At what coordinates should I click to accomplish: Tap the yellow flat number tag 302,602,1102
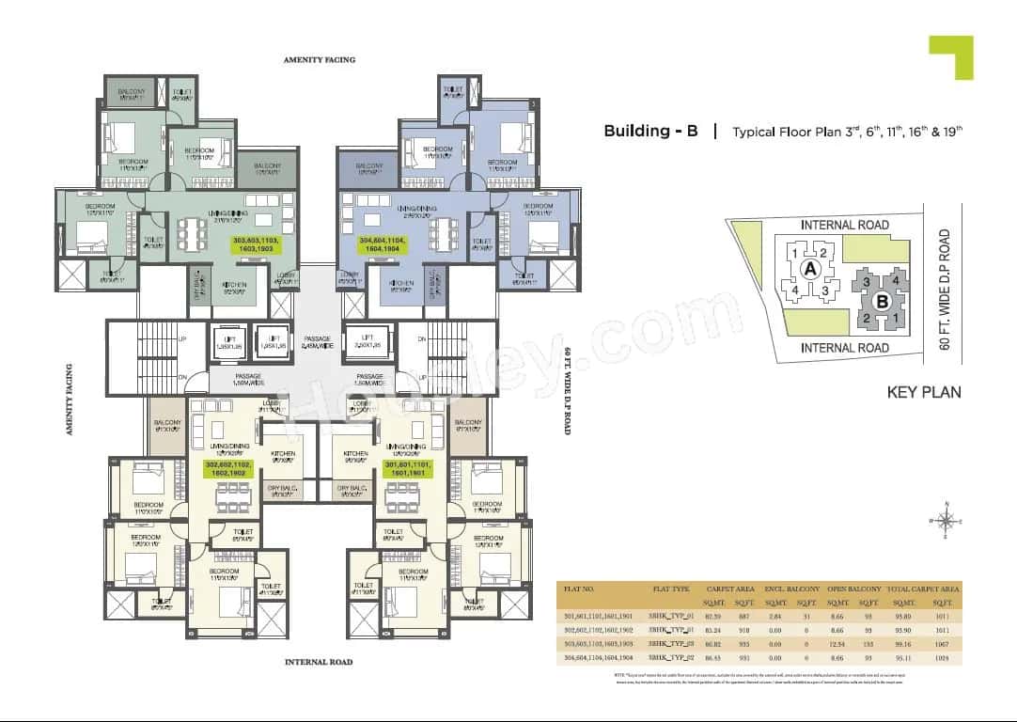pos(228,468)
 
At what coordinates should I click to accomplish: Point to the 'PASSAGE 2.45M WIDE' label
pos(319,343)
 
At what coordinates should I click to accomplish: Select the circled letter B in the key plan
pos(882,302)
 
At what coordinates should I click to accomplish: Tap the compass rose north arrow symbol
pos(947,520)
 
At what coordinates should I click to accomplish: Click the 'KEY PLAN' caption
pos(924,392)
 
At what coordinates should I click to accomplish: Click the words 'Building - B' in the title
pos(650,132)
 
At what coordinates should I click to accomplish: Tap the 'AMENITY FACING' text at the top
pos(320,59)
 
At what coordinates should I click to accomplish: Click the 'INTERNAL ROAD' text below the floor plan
pos(319,662)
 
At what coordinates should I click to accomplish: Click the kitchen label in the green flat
pos(235,285)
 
